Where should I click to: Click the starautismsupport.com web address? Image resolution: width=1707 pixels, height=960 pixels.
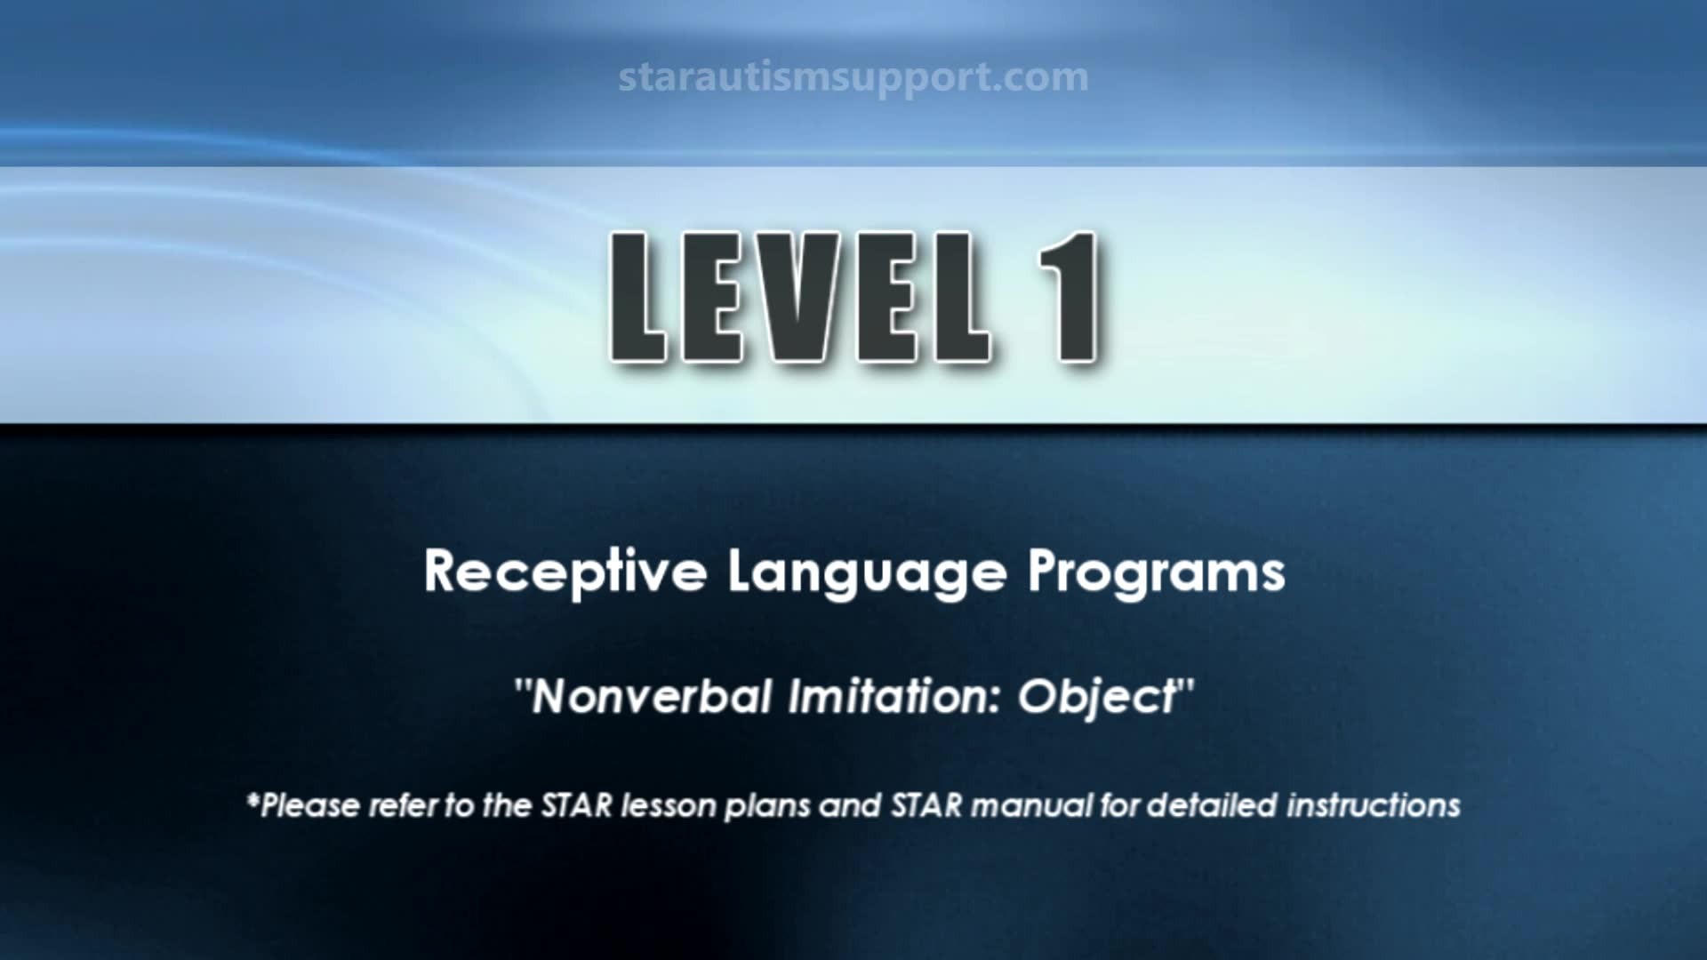(x=853, y=77)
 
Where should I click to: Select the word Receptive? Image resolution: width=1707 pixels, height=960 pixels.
(x=565, y=572)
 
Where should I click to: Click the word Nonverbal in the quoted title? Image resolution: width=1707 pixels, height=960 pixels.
(x=651, y=696)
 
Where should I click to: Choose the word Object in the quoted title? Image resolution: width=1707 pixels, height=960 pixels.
(x=1096, y=698)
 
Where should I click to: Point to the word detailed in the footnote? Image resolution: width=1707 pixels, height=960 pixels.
(x=1212, y=805)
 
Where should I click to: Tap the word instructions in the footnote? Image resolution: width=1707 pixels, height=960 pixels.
(x=1374, y=805)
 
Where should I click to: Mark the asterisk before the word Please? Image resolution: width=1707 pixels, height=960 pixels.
(x=253, y=798)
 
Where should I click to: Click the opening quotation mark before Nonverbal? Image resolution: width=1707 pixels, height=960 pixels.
(x=523, y=686)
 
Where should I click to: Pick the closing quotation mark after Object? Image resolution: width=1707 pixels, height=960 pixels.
(x=1185, y=686)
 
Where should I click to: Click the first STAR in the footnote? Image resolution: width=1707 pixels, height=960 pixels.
(x=577, y=805)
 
